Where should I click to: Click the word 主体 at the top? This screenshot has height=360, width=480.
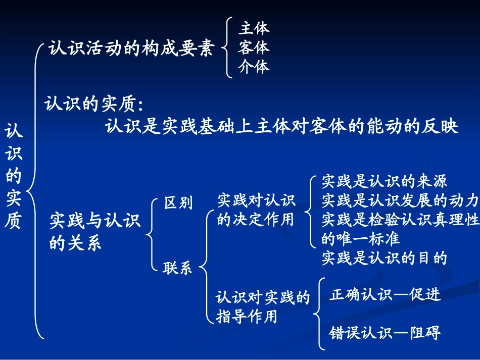254,28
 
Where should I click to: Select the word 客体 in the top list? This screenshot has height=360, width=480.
254,47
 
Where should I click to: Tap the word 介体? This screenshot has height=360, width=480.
254,67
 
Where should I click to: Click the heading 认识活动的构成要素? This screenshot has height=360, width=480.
131,49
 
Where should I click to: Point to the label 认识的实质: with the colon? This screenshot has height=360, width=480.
94,104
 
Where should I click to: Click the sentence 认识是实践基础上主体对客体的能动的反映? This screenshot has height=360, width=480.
282,126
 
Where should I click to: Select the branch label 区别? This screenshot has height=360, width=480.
178,203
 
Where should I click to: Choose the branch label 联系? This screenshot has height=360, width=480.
177,268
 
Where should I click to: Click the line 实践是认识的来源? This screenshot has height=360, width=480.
385,181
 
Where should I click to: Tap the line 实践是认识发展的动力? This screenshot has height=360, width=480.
400,200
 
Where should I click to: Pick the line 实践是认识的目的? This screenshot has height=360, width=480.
385,258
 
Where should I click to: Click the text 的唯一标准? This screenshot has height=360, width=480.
360,238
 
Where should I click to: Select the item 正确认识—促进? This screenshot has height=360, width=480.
385,294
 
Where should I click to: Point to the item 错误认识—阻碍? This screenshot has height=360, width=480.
385,332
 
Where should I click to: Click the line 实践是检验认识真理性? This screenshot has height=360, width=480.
400,220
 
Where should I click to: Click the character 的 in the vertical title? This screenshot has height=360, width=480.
14,176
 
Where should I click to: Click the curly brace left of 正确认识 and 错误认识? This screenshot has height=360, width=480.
318,313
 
